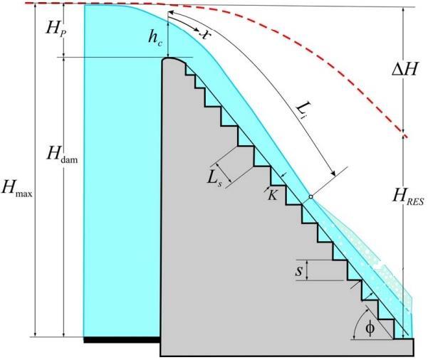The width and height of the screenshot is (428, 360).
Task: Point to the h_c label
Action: point(155,39)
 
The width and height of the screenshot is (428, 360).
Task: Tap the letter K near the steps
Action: point(272,193)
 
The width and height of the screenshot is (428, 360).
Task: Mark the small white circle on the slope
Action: point(310,197)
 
